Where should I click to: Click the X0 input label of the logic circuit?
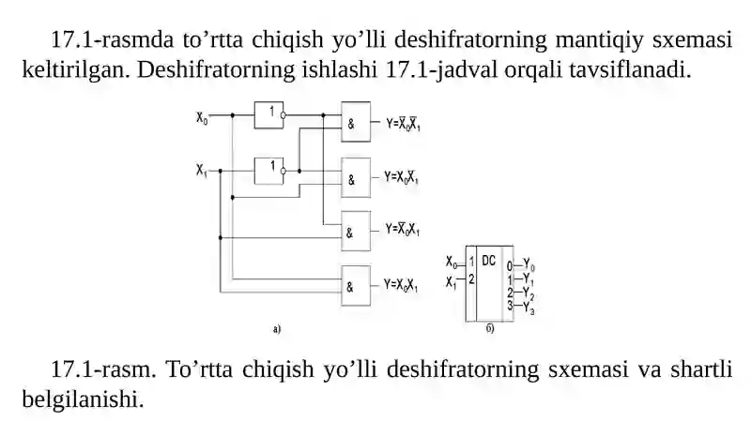coord(202,117)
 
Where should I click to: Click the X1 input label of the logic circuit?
coord(202,170)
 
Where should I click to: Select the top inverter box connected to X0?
coord(268,114)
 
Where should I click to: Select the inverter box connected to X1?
coord(268,171)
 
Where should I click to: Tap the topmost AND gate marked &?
coord(356,122)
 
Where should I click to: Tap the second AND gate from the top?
coord(356,177)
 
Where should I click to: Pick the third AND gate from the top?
coord(356,231)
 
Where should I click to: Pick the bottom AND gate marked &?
coord(356,286)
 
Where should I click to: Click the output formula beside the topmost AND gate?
coord(404,124)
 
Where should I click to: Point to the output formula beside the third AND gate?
coord(403,229)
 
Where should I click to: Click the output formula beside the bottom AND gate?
coord(401,285)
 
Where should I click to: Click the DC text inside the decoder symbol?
coord(488,261)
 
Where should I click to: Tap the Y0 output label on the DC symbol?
coord(529,264)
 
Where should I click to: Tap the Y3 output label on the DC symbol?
coord(529,308)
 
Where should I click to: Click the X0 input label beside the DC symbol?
coord(452,263)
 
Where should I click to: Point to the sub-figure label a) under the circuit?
coord(277,329)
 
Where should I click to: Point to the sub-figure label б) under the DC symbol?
coord(490,329)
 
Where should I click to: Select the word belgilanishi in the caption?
coord(83,399)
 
